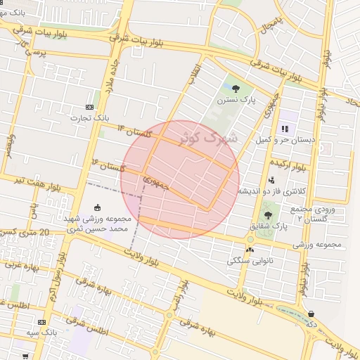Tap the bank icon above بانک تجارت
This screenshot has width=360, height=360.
tap(89, 106)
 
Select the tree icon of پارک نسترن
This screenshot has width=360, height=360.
tap(235, 89)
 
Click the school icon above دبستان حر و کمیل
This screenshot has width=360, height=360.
tap(285, 129)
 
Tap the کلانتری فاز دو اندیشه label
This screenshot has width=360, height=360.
tap(271, 191)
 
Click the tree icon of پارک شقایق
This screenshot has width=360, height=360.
tap(267, 215)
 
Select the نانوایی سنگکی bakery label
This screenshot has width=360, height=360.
tap(250, 260)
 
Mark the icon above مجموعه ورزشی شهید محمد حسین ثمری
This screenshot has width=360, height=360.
tap(98, 207)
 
